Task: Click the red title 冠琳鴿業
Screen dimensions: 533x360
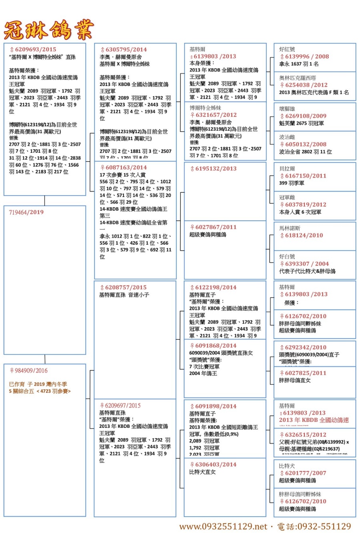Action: tap(49, 30)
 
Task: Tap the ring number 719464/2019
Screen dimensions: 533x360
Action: tap(26, 212)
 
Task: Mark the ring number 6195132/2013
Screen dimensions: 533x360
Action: tap(216, 169)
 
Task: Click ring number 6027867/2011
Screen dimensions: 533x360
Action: tap(216, 227)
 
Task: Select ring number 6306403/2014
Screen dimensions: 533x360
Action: tap(216, 465)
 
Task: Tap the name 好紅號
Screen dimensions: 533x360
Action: tap(287, 50)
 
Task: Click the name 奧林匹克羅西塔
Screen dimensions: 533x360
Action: tap(298, 78)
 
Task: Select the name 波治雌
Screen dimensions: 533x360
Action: tap(287, 137)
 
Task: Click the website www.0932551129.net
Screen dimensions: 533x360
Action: tap(223, 526)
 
